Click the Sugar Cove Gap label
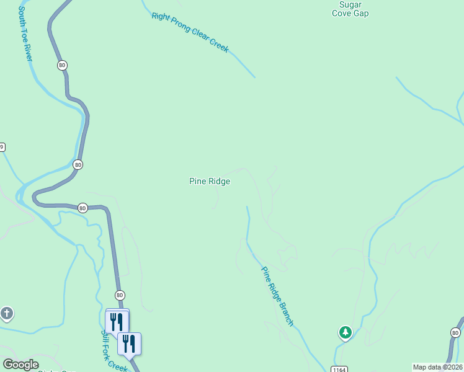coord(350,9)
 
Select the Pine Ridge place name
coord(210,181)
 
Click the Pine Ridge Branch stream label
coord(277,296)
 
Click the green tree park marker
coord(345,333)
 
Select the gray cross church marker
coord(7,313)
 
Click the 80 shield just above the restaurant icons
coord(120,295)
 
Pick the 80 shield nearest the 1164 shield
coord(456,334)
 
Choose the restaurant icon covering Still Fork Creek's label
coord(130,343)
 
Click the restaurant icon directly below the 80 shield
coord(117,321)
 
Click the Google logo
coord(20,365)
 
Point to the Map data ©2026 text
coord(437,366)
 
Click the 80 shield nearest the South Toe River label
coord(62,65)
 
